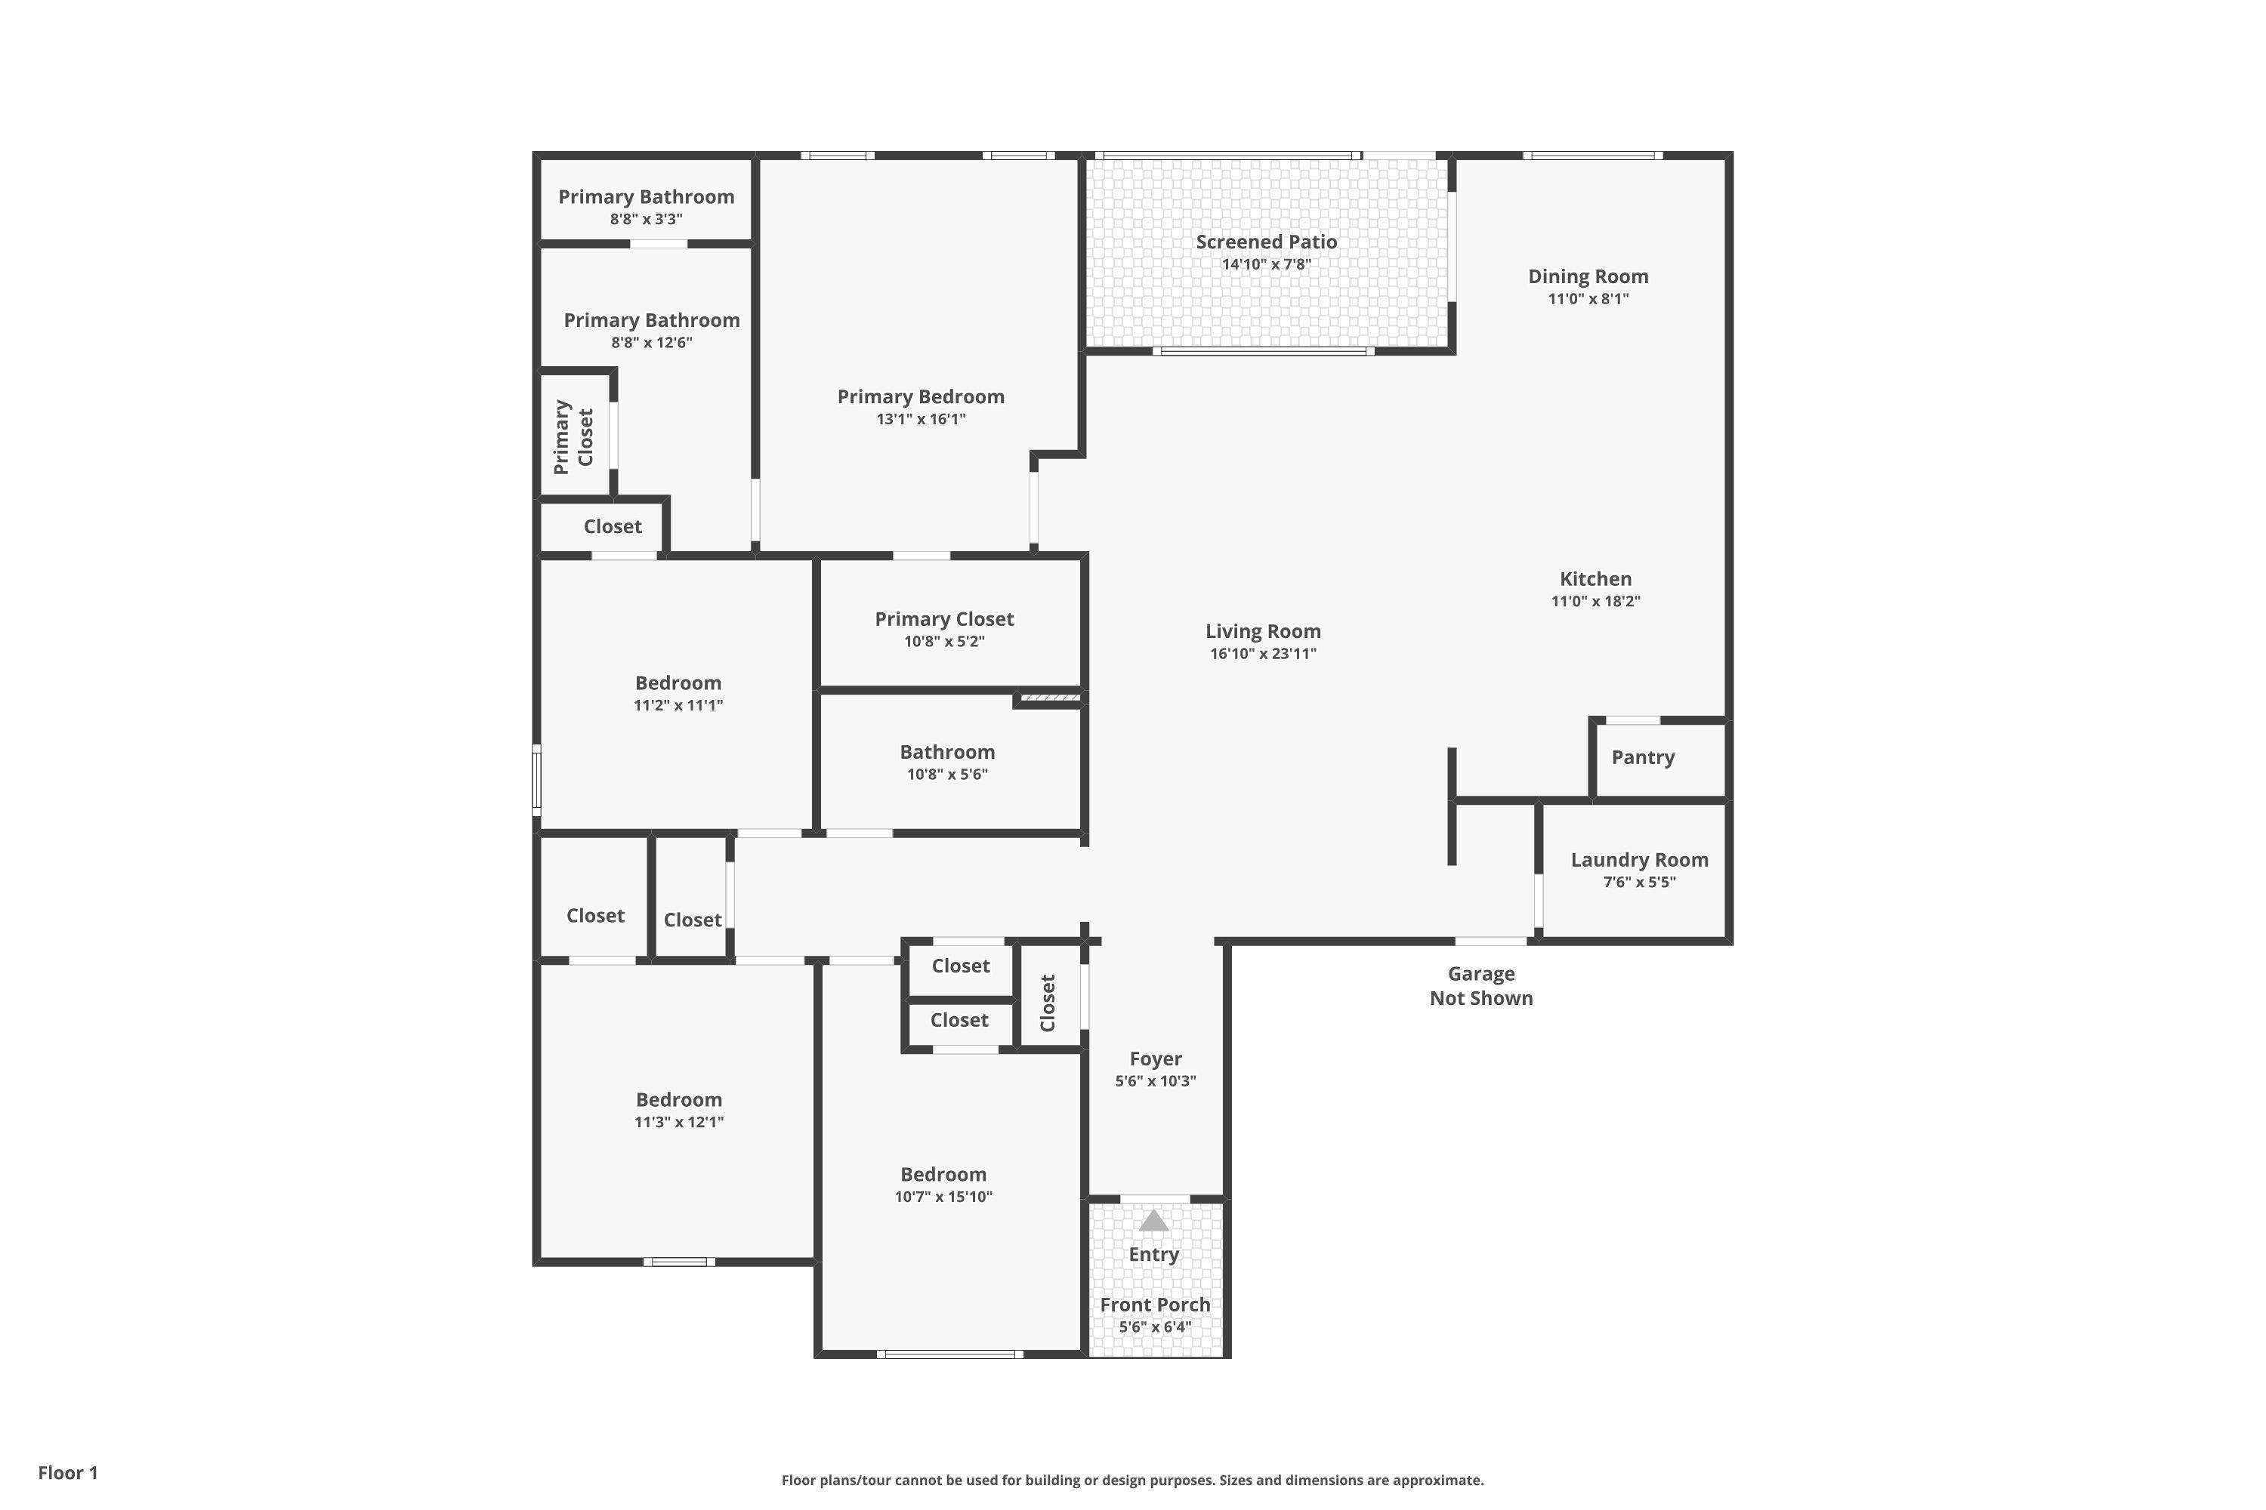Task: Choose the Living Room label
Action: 1263,632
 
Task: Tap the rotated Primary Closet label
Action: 573,437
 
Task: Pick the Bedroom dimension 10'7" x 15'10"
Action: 943,1197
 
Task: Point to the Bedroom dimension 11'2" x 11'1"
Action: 678,705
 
